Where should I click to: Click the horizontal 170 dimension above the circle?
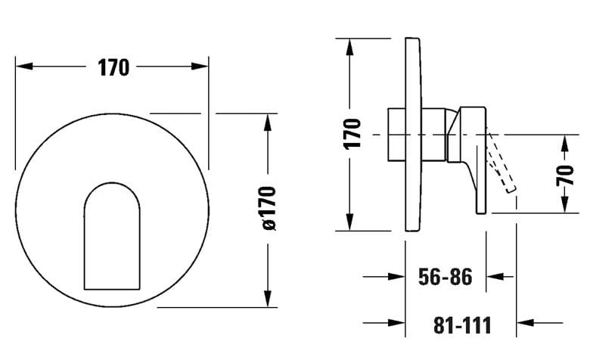pos(113,68)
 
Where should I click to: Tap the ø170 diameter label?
pos(269,208)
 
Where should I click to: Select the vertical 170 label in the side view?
pos(352,134)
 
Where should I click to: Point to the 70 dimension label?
pos(565,175)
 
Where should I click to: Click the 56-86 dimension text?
pos(445,277)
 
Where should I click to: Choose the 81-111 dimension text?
pos(462,325)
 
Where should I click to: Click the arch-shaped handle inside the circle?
pos(112,236)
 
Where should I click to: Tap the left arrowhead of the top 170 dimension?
pos(24,67)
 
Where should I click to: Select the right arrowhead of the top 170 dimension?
pos(200,67)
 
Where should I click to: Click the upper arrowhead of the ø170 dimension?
pos(268,123)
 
